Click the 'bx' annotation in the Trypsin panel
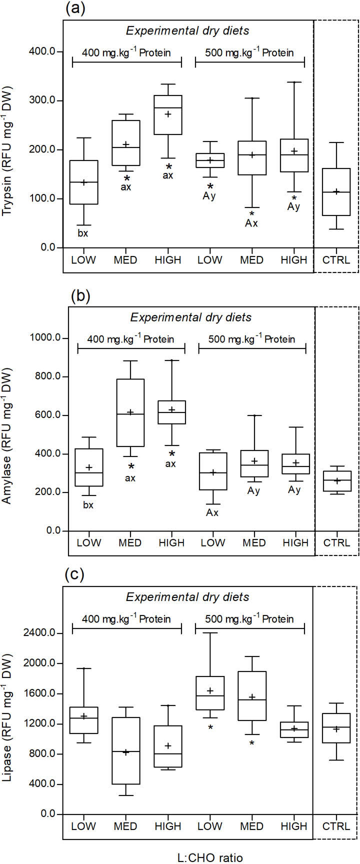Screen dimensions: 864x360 click(x=83, y=232)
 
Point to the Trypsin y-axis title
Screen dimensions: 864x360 click(x=8, y=151)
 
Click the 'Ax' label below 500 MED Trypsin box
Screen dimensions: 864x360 click(x=251, y=223)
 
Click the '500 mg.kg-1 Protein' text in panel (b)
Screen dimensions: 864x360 click(x=252, y=339)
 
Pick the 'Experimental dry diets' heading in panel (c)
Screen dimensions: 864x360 click(x=187, y=597)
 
